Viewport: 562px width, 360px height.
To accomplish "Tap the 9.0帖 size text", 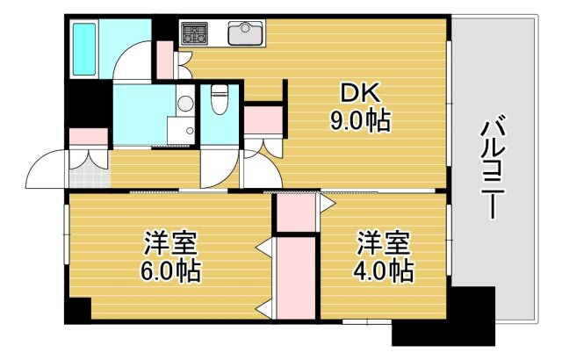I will (x=360, y=120).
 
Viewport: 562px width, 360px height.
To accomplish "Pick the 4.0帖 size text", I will (x=383, y=270).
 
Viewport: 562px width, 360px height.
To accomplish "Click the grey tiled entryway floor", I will (x=86, y=175).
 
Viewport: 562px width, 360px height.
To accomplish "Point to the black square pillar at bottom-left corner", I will (x=77, y=310).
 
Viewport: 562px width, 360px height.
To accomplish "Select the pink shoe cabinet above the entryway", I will (x=88, y=138).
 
